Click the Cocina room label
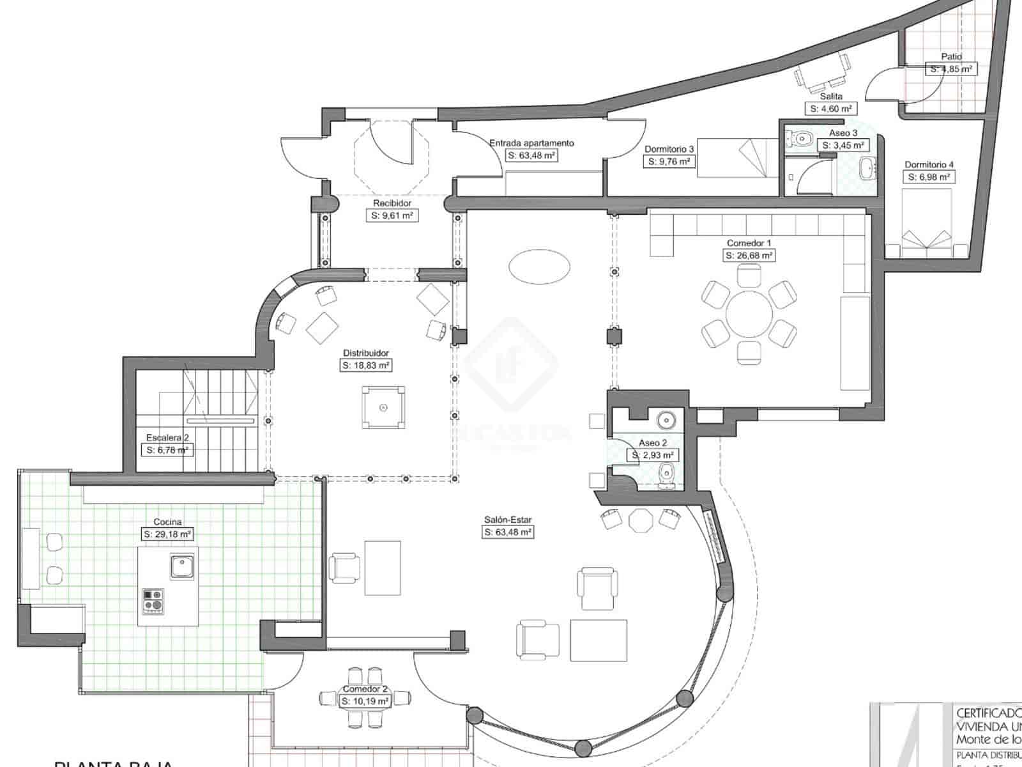(x=167, y=522)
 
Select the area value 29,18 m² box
(x=167, y=534)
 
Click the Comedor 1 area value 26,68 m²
(x=749, y=256)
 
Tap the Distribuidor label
(x=366, y=353)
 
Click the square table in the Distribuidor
(x=383, y=407)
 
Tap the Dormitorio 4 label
(x=928, y=165)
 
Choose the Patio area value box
(x=951, y=69)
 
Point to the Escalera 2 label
(x=167, y=438)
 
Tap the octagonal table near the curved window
(x=640, y=520)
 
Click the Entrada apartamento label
(x=531, y=143)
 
